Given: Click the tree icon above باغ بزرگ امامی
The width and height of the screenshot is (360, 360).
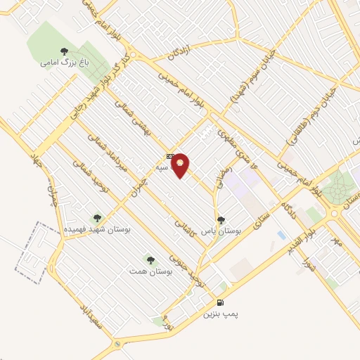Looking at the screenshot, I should (x=64, y=51).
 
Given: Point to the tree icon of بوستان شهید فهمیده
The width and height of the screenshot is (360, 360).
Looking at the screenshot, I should (x=97, y=217).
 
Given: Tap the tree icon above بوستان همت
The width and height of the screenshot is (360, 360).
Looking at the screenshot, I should (x=148, y=259).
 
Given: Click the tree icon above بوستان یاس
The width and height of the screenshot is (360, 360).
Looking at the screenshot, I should (x=221, y=219).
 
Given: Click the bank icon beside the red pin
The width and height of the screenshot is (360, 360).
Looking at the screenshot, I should (x=170, y=156).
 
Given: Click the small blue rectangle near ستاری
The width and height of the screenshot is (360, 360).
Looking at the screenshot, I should (x=282, y=234).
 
